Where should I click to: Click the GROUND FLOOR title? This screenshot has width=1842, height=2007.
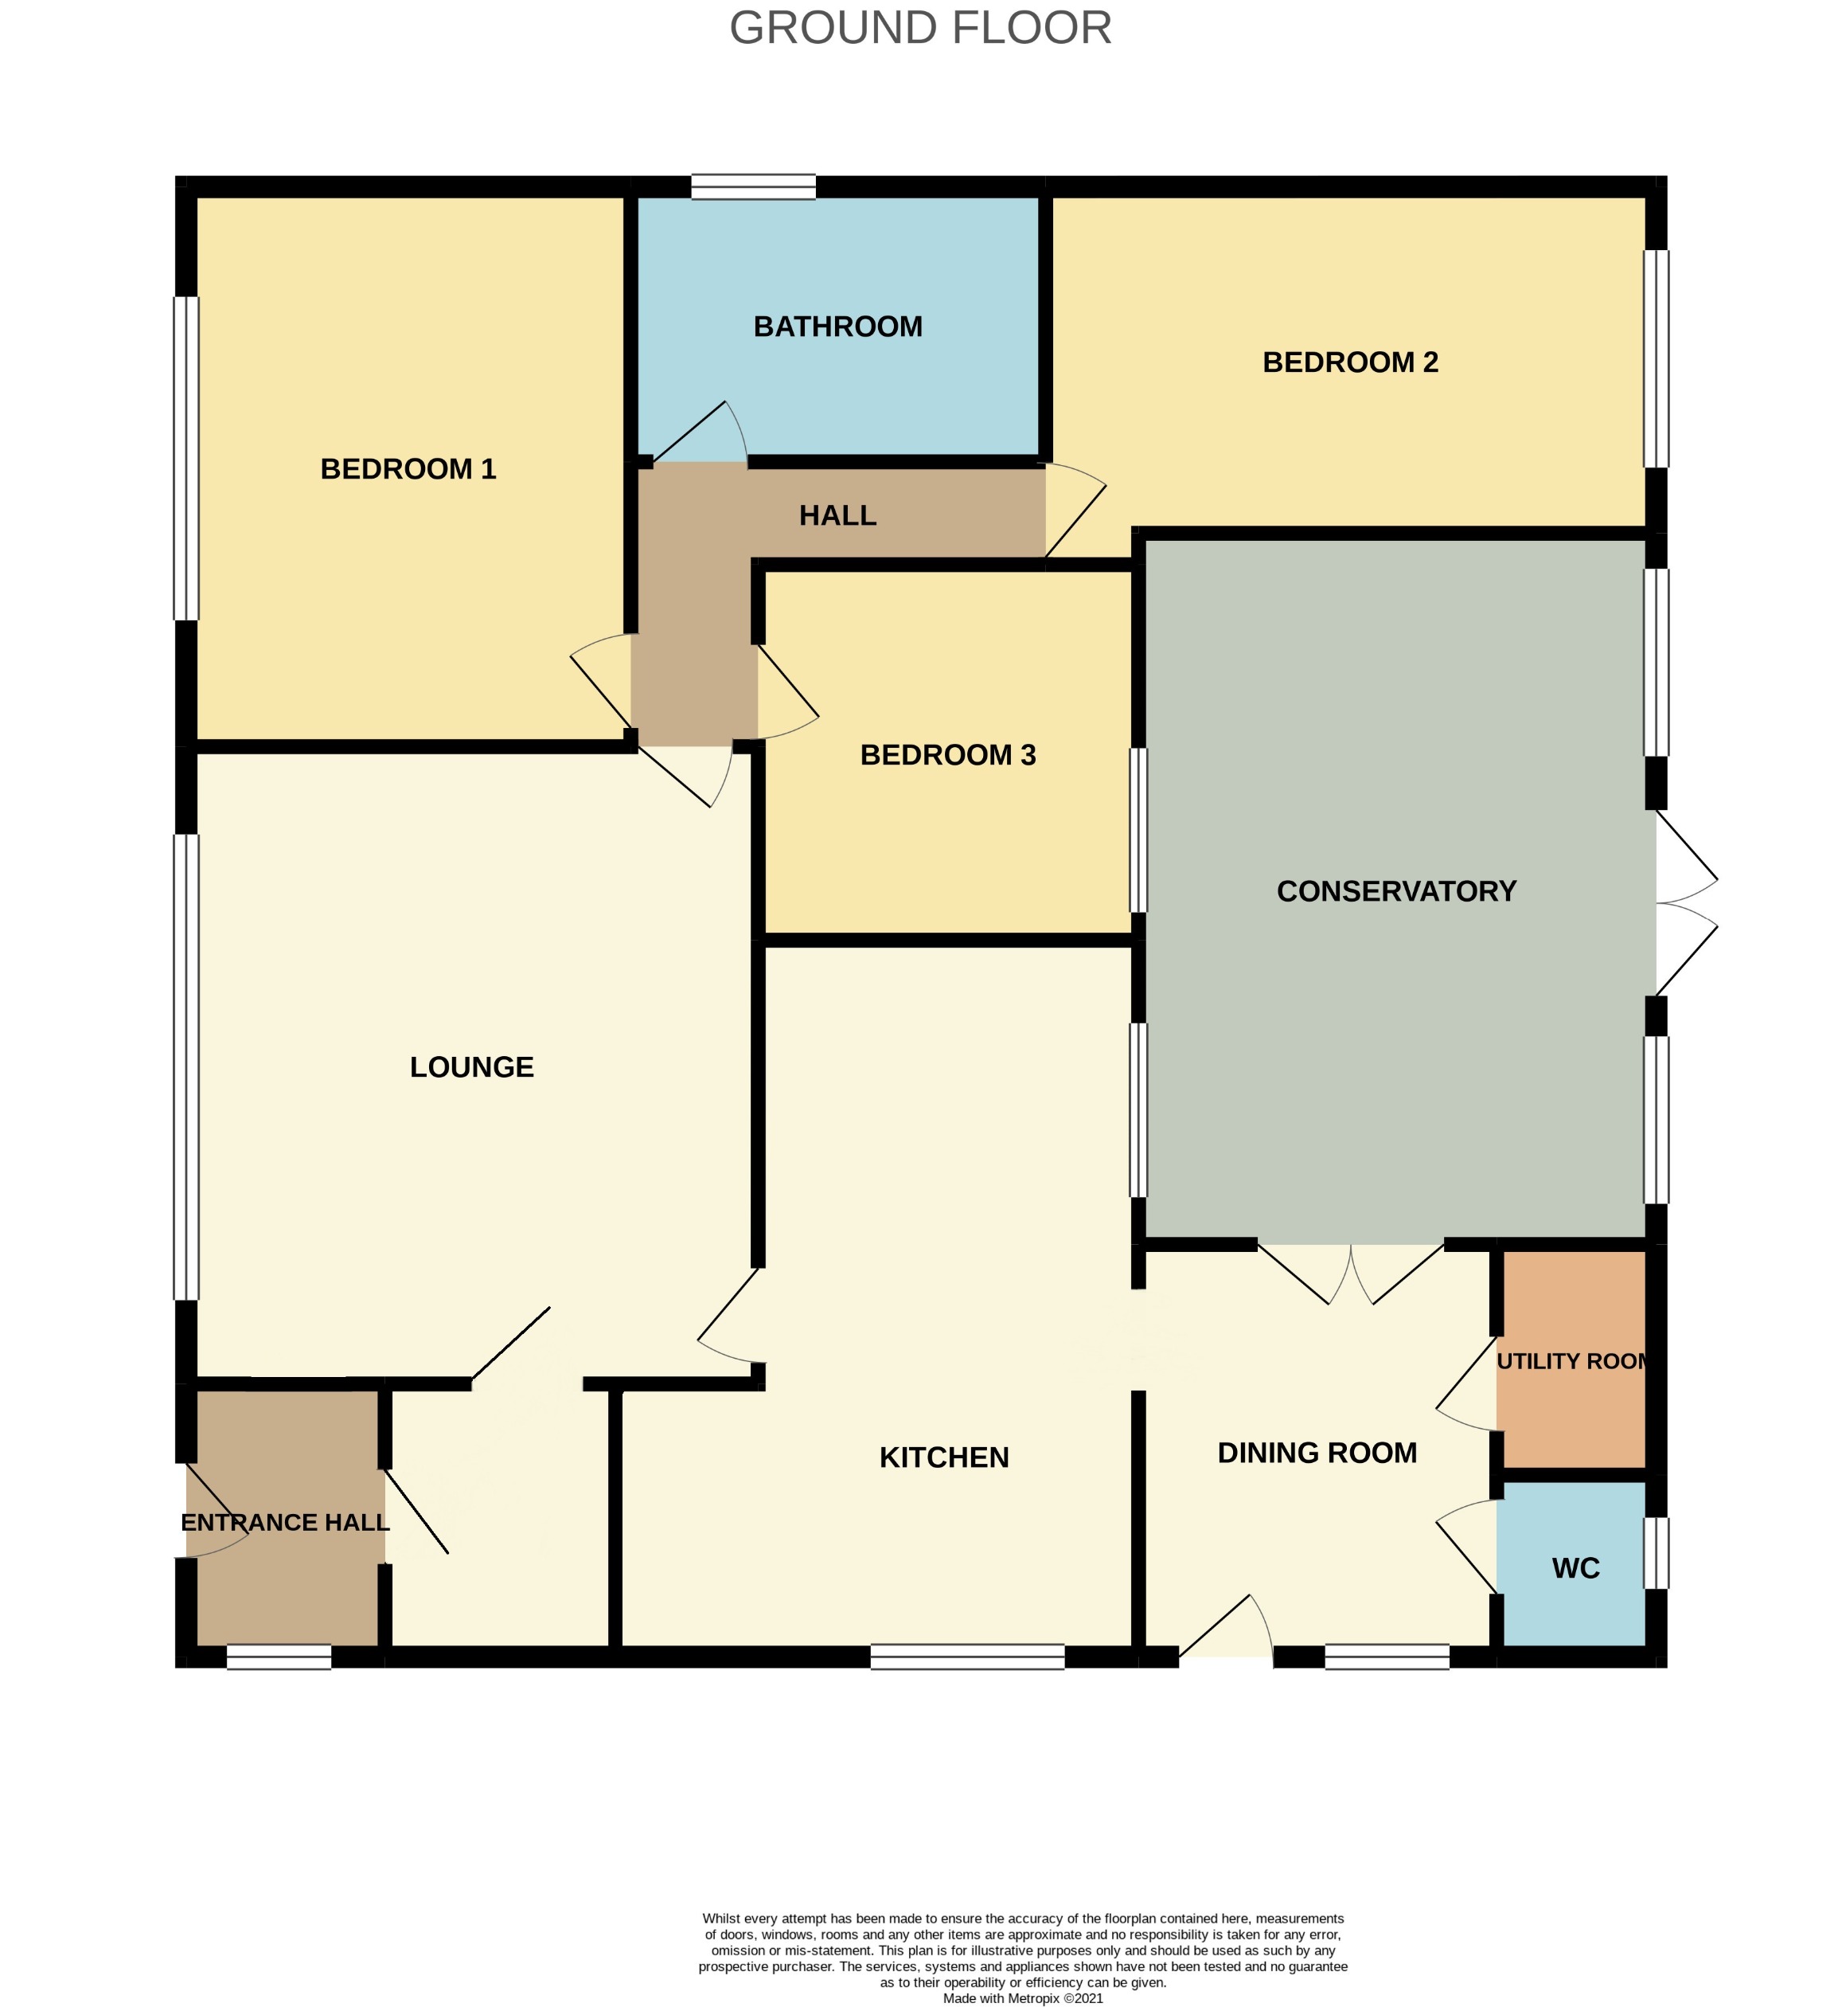click(x=920, y=28)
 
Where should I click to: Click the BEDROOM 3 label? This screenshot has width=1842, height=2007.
click(x=947, y=755)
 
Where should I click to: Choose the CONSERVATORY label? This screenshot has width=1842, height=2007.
click(x=1395, y=890)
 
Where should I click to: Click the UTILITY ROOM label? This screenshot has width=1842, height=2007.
click(x=1573, y=1361)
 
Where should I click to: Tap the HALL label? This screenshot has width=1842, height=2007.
click(x=837, y=515)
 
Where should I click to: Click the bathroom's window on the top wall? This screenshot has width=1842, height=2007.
click(x=754, y=186)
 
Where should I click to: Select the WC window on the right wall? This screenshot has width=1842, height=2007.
click(x=1655, y=1552)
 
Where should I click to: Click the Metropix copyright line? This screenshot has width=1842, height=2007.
click(x=1023, y=1997)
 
